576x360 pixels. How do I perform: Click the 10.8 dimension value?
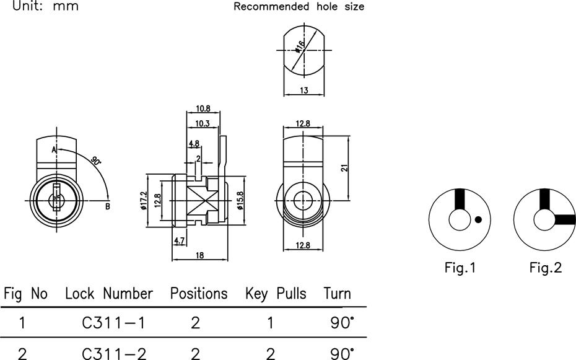(203, 108)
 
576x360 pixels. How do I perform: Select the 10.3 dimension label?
(203, 123)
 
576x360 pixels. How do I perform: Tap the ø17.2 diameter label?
(143, 201)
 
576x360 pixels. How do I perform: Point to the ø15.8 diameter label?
(240, 201)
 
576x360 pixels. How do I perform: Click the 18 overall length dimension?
(199, 255)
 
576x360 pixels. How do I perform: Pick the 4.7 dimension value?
(179, 241)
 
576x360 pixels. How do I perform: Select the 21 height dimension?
(344, 168)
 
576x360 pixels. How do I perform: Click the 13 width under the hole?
(304, 90)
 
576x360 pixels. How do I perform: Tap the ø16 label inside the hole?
(300, 46)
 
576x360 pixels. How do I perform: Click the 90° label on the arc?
(96, 161)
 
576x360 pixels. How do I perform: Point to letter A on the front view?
(54, 150)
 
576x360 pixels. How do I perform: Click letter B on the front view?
(108, 206)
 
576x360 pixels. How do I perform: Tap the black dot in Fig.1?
(478, 220)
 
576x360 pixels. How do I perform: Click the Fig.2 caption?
(546, 268)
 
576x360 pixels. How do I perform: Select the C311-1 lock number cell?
(113, 323)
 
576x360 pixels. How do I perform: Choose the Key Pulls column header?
(276, 294)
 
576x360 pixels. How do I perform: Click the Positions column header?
(199, 294)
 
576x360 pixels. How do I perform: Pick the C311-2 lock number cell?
(114, 353)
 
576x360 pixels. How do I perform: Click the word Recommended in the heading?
(271, 7)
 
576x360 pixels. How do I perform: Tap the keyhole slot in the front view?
(56, 197)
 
